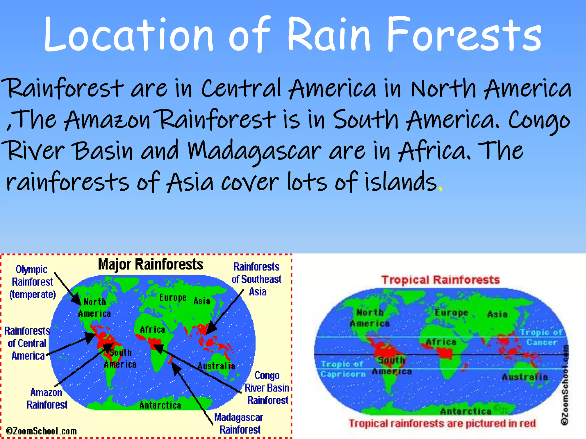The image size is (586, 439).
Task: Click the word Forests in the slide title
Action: pos(464,34)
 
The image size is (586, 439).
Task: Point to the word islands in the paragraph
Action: pos(401,182)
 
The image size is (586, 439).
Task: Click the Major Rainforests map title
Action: pos(151,264)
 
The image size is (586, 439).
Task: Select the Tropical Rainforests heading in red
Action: pos(441,280)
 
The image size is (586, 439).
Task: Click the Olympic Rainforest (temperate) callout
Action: pos(32,282)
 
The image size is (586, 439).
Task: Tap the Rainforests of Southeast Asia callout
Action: pos(257,279)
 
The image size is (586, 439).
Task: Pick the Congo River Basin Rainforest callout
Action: pos(267,388)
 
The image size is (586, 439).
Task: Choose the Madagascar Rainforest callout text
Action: pos(239,424)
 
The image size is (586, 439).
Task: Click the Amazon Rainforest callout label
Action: pos(47,398)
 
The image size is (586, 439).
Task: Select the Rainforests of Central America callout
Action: pos(27,343)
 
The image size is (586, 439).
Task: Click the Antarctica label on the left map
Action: pos(160,405)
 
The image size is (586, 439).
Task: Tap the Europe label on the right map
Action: pos(451,313)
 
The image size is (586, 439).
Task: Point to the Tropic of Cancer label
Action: pos(541,337)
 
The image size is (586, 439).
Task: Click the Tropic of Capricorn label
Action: pos(343,369)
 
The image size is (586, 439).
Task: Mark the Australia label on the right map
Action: pos(525,377)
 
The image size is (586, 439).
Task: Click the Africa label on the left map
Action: pos(153,330)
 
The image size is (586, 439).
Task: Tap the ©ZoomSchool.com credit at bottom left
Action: pos(41,431)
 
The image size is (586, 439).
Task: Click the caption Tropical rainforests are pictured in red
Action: pos(442,423)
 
